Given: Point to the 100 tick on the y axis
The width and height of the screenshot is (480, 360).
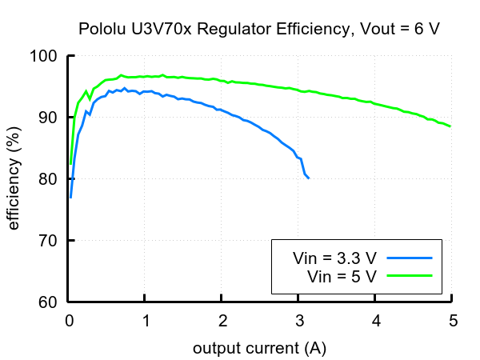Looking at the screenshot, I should coord(45,56).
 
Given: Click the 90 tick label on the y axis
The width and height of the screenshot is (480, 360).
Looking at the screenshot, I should coord(49,118).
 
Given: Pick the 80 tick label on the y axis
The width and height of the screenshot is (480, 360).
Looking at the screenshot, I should coord(49,179).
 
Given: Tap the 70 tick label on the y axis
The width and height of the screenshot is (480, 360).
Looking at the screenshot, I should coord(49,241).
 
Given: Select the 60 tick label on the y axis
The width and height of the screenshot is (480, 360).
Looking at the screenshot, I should coord(49,302).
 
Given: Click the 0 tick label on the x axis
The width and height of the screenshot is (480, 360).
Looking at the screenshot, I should coord(69,321).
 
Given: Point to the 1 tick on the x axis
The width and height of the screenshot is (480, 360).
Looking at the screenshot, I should coord(146,321).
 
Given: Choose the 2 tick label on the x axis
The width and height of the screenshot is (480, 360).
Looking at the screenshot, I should coord(222,321).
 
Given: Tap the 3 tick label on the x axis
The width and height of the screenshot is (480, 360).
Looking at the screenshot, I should coord(298,321).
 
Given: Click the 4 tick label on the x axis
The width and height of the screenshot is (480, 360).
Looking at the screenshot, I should coord(375,321).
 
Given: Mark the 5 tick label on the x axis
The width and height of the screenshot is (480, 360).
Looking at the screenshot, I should coord(452,321).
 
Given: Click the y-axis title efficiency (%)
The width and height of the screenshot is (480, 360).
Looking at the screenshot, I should coord(14,179).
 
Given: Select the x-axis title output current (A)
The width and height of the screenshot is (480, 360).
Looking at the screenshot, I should coord(259,349).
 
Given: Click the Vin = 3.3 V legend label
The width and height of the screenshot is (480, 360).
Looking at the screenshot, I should coord(334,258).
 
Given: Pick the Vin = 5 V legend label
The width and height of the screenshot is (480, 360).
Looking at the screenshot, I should coord(342,276).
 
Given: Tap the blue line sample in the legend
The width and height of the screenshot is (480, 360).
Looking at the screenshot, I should coord(410,258).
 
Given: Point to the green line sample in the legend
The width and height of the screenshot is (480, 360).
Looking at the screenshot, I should coord(410,276).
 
